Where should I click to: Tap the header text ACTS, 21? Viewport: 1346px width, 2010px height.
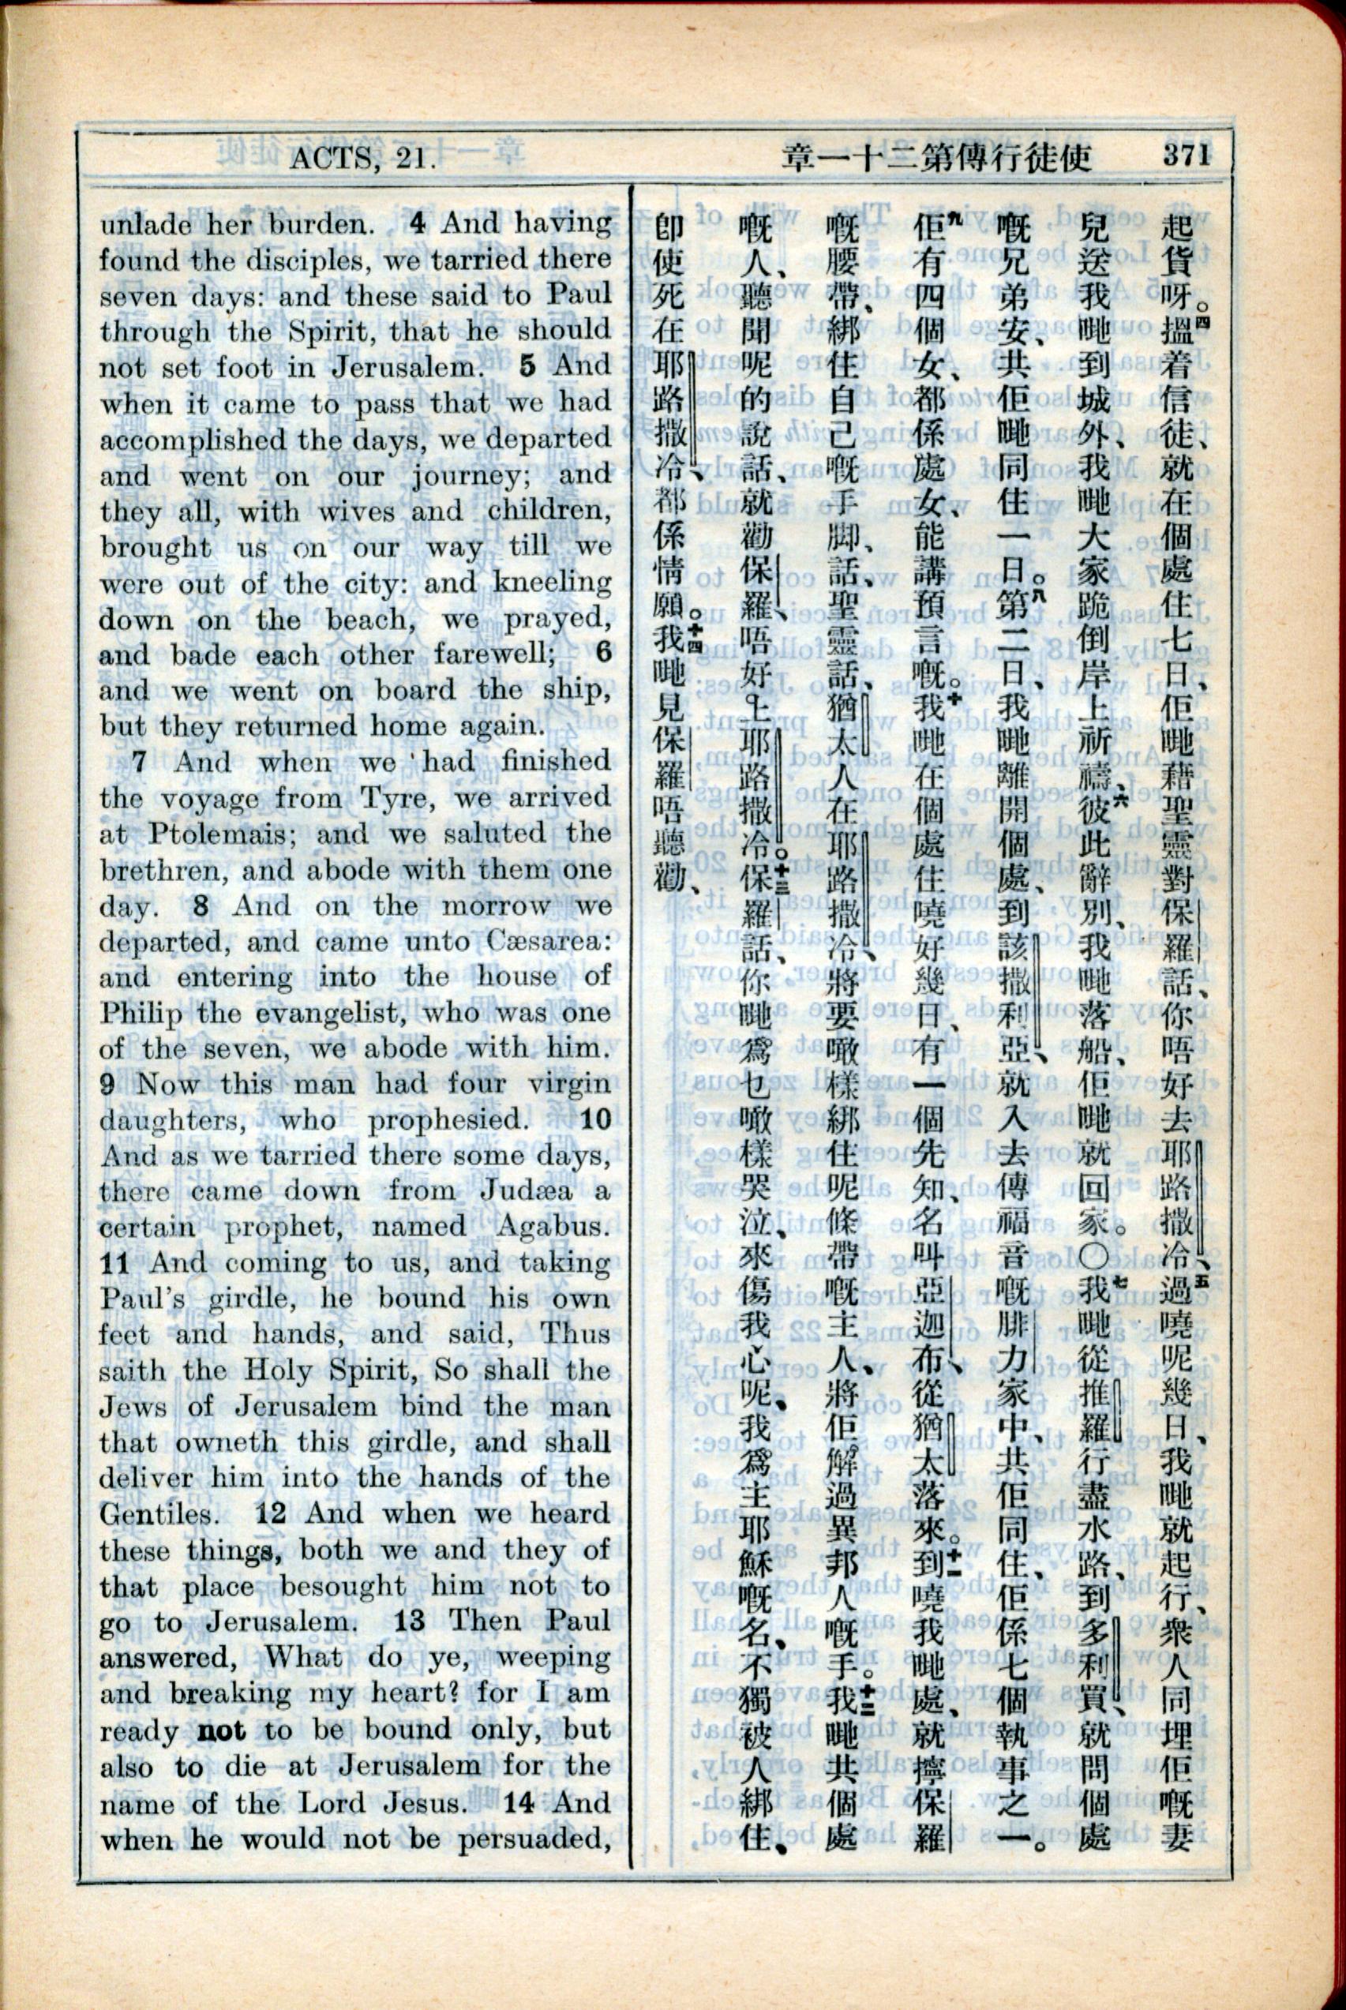(365, 158)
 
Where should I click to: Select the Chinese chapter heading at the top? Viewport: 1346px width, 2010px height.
(935, 157)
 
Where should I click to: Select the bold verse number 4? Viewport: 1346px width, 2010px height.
(417, 224)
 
